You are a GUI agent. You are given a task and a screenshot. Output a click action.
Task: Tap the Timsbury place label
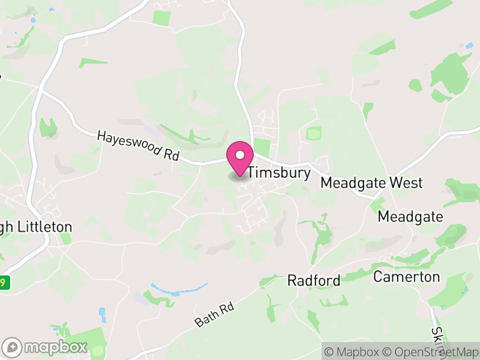point(279,173)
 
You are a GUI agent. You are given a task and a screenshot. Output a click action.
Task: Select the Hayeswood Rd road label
point(138,146)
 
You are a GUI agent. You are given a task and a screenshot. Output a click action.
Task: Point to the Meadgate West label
point(371,183)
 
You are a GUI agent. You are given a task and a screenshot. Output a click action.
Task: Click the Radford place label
point(314,280)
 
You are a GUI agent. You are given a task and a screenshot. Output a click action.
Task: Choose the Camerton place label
point(406,277)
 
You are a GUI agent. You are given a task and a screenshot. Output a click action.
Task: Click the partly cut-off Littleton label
point(36,227)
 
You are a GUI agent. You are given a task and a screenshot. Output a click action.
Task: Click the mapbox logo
point(46,347)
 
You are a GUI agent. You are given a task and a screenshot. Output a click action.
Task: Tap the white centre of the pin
point(240,155)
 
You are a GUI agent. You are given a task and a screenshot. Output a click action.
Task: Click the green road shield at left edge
point(5,282)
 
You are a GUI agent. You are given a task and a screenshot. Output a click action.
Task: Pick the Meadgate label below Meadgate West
point(410,217)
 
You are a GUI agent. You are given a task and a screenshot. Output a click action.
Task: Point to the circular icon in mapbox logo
point(13,347)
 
